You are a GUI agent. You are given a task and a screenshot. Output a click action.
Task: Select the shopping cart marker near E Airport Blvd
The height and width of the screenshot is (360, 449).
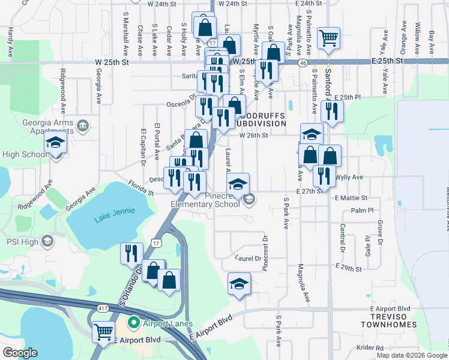tap(104, 330)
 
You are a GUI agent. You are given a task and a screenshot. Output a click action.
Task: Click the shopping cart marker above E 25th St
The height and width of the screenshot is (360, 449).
tap(328, 38)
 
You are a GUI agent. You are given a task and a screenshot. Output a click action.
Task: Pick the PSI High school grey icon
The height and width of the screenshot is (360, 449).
tap(47, 242)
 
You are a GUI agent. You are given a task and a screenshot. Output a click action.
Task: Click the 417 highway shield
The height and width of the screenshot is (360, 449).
tap(97, 308)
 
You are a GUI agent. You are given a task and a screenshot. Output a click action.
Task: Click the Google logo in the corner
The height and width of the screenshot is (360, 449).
tap(19, 353)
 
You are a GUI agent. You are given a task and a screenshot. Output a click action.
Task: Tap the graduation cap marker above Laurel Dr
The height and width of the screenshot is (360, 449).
tap(239, 283)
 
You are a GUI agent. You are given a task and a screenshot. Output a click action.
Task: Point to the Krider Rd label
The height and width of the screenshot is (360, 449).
tap(370, 348)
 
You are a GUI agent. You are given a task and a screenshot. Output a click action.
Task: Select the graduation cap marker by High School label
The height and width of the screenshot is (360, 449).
tap(55, 145)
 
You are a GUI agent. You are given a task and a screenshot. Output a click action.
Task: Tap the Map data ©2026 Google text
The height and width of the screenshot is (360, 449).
tap(411, 355)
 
